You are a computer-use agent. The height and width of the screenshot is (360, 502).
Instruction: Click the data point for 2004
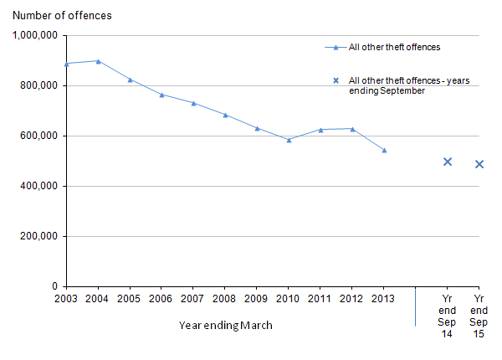(x=99, y=61)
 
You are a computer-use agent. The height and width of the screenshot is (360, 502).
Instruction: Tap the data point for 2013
(x=384, y=151)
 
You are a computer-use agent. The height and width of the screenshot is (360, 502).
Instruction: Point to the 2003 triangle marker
(x=67, y=64)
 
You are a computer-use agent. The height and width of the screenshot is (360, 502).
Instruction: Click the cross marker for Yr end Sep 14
(x=448, y=162)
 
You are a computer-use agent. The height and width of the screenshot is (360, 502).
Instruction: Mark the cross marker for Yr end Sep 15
(x=479, y=164)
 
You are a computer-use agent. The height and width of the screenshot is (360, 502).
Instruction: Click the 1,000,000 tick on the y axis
(x=35, y=35)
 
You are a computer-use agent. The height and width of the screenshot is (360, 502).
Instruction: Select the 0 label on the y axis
(x=54, y=286)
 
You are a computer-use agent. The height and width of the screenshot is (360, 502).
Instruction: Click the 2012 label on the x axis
(x=352, y=298)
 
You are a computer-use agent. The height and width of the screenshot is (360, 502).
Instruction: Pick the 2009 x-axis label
(x=257, y=298)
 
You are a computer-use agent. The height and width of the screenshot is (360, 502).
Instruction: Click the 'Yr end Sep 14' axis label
(x=448, y=316)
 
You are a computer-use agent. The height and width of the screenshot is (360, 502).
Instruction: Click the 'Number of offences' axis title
(x=62, y=15)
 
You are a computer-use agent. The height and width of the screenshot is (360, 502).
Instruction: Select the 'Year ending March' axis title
(x=225, y=325)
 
